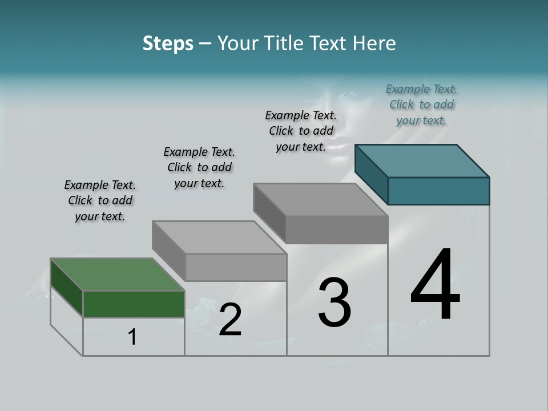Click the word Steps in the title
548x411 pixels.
pyautogui.click(x=168, y=43)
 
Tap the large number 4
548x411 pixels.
pyautogui.click(x=435, y=285)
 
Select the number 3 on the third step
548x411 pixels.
pyautogui.click(x=335, y=303)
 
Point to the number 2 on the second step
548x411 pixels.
pyautogui.click(x=230, y=320)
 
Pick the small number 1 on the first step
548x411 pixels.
pyautogui.click(x=132, y=337)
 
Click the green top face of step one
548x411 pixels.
pyautogui.click(x=118, y=275)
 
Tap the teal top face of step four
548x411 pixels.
pyautogui.click(x=422, y=160)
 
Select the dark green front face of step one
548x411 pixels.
pyautogui.click(x=134, y=304)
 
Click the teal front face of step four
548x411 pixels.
pyautogui.click(x=438, y=191)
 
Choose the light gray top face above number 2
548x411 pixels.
pyautogui.click(x=219, y=237)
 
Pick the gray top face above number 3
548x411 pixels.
pyautogui.click(x=320, y=200)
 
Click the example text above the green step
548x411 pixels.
pyautogui.click(x=100, y=200)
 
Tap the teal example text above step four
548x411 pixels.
pyautogui.click(x=421, y=104)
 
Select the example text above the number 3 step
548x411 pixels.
pyautogui.click(x=301, y=131)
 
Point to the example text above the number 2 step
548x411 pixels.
pyautogui.click(x=199, y=167)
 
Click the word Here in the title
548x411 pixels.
pyautogui.click(x=375, y=43)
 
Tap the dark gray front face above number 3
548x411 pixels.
pyautogui.click(x=336, y=230)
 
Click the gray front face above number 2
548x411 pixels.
pyautogui.click(x=236, y=267)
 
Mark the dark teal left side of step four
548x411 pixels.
pyautogui.click(x=371, y=174)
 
